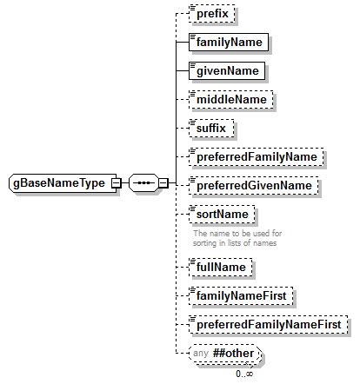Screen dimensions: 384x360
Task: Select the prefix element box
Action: click(212, 13)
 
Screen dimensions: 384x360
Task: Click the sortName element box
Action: click(223, 214)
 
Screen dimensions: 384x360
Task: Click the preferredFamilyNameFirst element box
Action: click(268, 323)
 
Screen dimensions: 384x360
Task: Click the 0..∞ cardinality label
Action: click(244, 373)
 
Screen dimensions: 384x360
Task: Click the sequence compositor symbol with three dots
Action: click(142, 183)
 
